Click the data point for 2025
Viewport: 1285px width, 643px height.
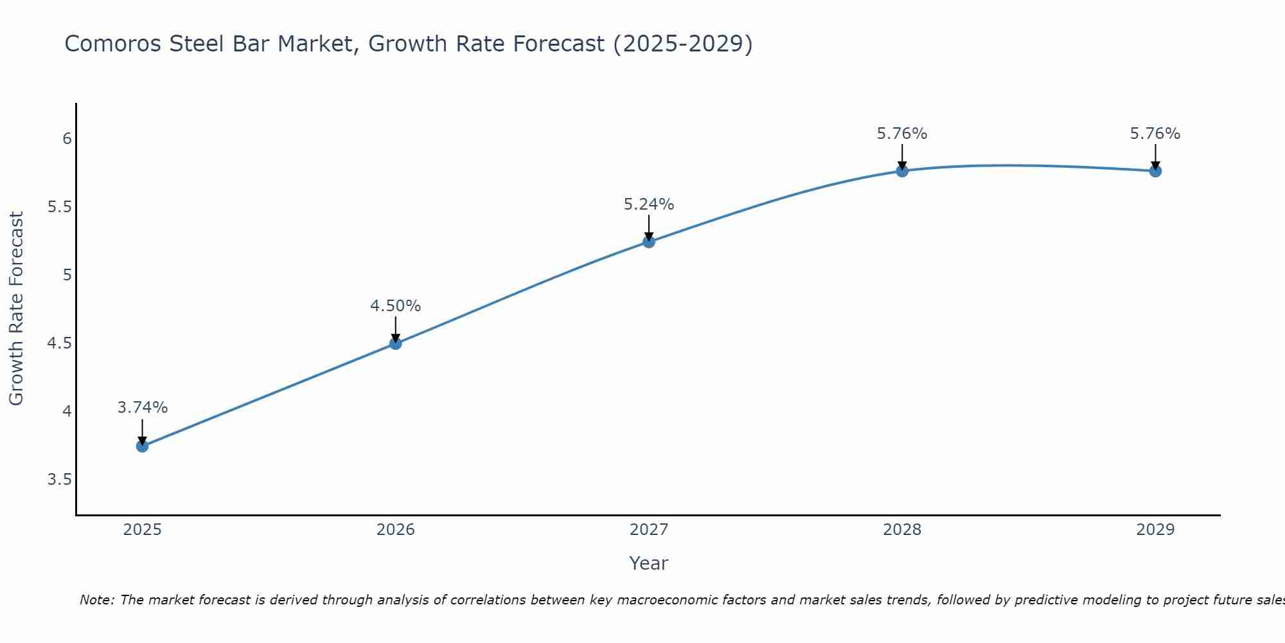142,446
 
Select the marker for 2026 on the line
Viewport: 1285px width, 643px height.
395,343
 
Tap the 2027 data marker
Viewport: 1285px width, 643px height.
648,242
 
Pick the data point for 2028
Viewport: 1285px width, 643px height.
901,170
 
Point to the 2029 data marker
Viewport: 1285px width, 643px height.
1155,170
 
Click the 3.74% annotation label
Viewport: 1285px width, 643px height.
142,408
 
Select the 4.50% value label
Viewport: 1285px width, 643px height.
395,306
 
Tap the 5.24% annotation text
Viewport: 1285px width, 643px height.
648,204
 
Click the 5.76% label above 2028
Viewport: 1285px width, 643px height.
901,134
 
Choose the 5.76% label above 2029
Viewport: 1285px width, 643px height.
1155,134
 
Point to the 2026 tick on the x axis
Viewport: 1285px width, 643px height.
395,530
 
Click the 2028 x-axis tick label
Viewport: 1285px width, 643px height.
901,530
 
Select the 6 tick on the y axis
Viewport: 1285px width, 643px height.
66,139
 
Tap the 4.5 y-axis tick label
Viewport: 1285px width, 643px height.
59,343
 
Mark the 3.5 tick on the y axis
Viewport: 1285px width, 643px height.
59,480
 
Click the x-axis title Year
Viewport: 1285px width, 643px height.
648,563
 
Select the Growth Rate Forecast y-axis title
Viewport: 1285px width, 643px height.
16,309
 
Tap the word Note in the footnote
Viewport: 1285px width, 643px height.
96,600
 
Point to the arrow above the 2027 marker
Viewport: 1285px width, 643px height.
648,227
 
